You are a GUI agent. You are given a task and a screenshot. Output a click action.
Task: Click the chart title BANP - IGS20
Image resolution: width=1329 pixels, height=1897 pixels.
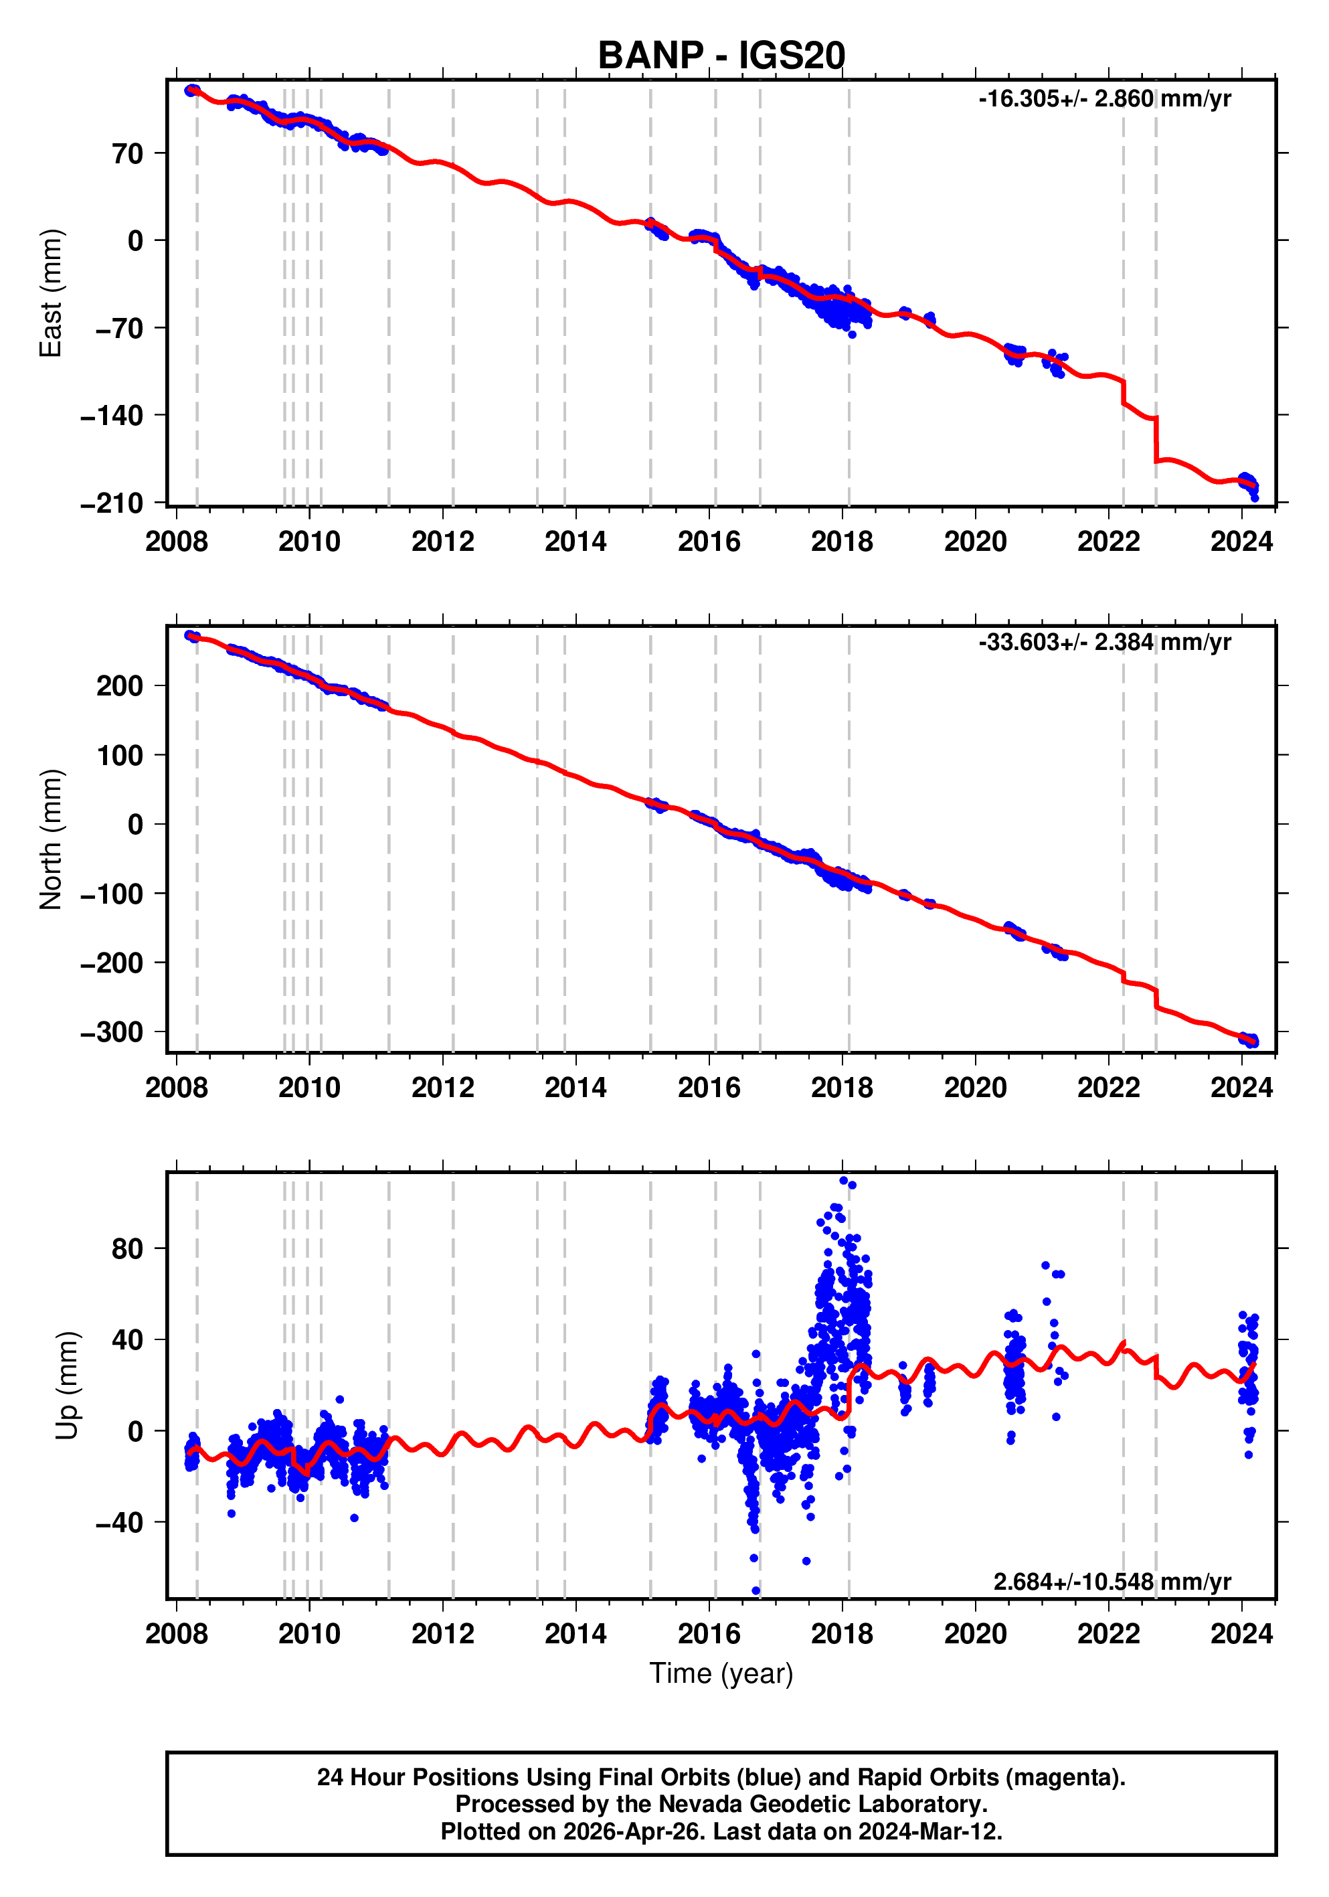[721, 56]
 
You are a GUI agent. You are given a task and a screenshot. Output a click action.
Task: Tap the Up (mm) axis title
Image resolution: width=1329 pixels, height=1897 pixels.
[68, 1386]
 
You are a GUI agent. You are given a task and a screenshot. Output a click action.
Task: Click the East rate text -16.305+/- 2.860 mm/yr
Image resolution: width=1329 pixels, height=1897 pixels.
[1104, 99]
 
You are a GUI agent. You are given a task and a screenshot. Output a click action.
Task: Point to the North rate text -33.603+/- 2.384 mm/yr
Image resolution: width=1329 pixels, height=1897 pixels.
[1104, 642]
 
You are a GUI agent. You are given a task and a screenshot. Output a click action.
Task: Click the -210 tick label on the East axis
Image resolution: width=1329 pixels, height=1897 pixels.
[112, 503]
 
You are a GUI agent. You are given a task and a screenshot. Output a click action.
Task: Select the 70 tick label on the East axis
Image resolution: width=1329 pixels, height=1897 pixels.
[128, 154]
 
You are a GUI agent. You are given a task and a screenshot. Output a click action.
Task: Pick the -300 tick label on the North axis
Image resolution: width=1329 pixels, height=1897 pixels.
[112, 1032]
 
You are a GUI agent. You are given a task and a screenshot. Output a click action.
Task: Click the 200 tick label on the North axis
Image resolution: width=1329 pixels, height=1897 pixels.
[119, 685]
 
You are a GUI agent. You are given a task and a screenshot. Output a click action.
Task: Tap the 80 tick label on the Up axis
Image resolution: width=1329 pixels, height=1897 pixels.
[127, 1248]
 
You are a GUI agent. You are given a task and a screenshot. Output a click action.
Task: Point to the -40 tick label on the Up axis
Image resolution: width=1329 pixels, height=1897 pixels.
[119, 1522]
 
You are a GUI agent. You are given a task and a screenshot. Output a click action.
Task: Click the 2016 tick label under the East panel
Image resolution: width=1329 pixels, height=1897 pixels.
[709, 542]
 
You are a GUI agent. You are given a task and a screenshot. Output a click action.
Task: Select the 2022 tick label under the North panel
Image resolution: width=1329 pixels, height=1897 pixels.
[1108, 1088]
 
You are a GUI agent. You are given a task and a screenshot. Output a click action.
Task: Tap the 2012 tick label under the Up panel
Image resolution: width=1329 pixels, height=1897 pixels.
[443, 1634]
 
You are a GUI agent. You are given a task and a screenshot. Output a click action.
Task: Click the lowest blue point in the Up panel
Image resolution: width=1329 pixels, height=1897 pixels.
[756, 1590]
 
